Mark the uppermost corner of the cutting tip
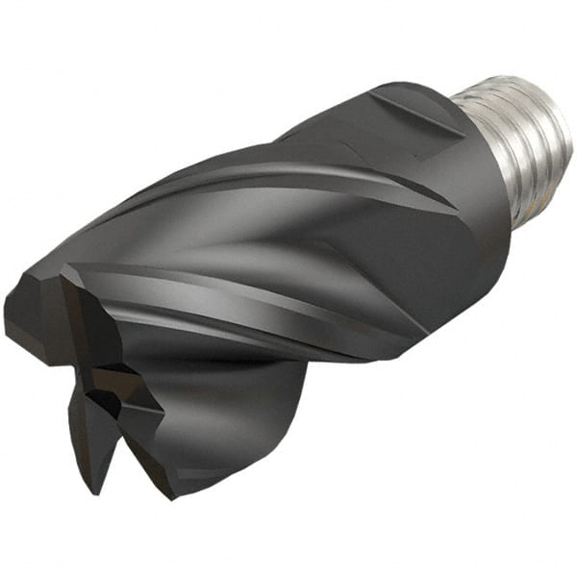pyautogui.click(x=62, y=273)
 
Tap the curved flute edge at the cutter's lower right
pyautogui.click(x=288, y=414)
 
